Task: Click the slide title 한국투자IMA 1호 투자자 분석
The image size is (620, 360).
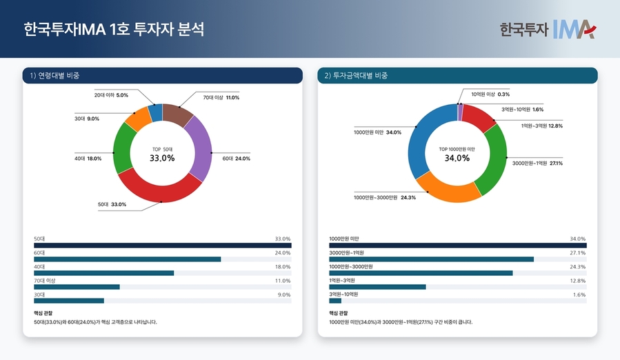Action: coord(114,30)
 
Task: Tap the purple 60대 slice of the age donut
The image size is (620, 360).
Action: coord(199,148)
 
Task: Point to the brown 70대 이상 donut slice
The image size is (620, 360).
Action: coord(177,115)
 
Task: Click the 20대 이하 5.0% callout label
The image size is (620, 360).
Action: coord(111,94)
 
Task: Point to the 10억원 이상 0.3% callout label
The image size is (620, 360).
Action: coord(490,94)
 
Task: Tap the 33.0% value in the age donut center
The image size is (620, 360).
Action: coord(162,159)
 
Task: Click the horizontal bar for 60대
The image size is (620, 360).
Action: coord(128,259)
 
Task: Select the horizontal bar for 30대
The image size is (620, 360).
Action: coord(69,301)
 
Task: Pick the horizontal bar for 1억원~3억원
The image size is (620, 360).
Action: coord(377,287)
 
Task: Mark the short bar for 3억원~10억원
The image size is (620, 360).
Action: coord(335,301)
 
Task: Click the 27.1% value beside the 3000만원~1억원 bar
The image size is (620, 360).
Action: coord(577,253)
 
